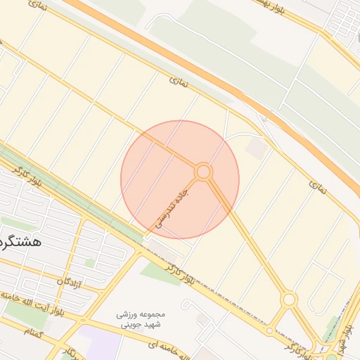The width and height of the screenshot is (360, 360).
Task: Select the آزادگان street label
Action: (70, 283)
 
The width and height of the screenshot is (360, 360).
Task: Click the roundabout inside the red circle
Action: (203, 172)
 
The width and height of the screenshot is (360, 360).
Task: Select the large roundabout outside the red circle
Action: (288, 300)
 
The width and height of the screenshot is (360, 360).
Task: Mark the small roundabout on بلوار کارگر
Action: (269, 330)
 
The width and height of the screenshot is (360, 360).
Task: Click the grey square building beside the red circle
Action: (256, 148)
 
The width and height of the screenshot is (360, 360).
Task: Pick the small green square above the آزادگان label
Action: (89, 263)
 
